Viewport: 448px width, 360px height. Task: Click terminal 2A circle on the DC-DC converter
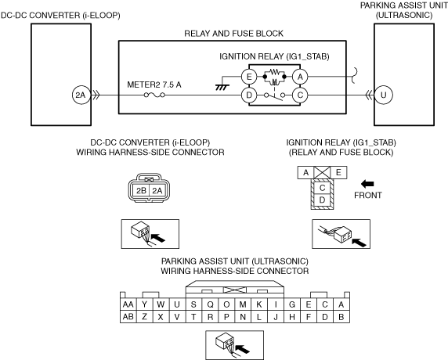pos(81,95)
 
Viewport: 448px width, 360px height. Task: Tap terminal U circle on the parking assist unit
pos(383,95)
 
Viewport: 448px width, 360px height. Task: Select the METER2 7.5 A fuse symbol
pos(154,95)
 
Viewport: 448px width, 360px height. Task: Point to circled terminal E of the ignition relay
pos(249,77)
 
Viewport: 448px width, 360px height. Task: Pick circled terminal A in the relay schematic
pos(300,77)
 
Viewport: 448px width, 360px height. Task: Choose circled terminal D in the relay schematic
pos(249,95)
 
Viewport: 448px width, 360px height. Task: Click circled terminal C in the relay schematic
pos(300,95)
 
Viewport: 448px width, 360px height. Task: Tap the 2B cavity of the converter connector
pos(141,190)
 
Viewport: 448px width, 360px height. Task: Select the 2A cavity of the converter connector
pos(157,190)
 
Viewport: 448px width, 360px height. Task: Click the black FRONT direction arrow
pos(367,184)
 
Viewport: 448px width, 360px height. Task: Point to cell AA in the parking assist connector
pos(128,304)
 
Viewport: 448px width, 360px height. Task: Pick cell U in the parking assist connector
pos(177,304)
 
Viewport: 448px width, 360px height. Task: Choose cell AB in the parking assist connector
pos(128,317)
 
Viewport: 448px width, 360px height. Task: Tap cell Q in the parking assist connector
pos(210,304)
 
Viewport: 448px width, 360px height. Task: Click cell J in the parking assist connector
pos(276,317)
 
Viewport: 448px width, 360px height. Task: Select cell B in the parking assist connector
pos(341,317)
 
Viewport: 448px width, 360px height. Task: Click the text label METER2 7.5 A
pos(154,85)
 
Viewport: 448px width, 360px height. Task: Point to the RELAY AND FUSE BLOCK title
pos(233,34)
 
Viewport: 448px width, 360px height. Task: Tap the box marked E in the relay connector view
pos(338,172)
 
